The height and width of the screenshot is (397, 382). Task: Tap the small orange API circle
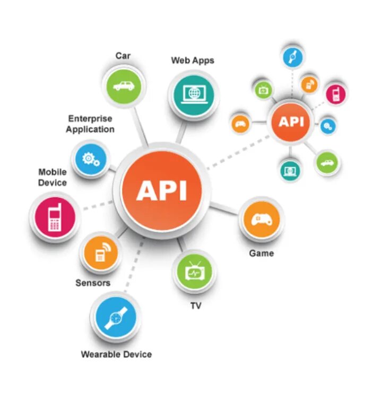[x=291, y=122]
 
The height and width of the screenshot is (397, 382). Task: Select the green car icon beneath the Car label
[x=123, y=85]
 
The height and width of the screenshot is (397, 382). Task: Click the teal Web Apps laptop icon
[x=193, y=94]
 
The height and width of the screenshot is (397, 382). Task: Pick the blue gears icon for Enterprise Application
[x=91, y=158]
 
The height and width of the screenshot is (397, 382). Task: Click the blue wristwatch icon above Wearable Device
[x=116, y=318]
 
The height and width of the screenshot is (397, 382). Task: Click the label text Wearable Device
[x=116, y=354]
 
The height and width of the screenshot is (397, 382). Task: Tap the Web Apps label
[x=193, y=60]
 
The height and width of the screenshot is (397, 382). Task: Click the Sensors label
[x=93, y=283]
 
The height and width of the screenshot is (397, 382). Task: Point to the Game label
[x=262, y=253]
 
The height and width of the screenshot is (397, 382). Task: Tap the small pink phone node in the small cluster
[x=335, y=94]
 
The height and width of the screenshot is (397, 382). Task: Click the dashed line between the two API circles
[x=236, y=153]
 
